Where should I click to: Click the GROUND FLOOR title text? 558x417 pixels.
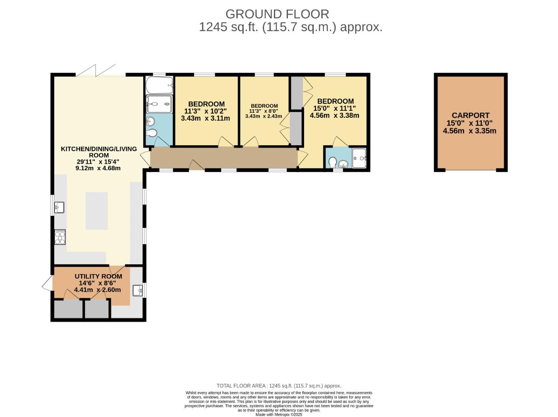tap(277, 14)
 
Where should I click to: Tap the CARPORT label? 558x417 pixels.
tap(470, 115)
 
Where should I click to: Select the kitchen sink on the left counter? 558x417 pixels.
tap(59, 207)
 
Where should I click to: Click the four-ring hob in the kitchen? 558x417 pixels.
tap(60, 237)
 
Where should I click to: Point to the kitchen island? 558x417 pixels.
tap(96, 211)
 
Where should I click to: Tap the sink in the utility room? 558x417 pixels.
tap(137, 290)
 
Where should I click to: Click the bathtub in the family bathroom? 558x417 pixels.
tap(159, 85)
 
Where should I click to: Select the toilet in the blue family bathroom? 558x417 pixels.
tap(152, 134)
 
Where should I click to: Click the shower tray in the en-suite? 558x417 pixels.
tap(359, 158)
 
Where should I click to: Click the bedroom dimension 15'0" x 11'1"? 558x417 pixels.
tap(334, 108)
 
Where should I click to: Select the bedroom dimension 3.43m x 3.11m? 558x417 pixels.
tap(205, 118)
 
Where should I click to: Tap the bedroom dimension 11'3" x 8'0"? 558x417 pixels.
tap(264, 111)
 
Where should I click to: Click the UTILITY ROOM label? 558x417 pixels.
tap(98, 276)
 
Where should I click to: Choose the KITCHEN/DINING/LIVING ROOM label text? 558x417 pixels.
tap(99, 152)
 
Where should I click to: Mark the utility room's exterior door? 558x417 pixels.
tap(47, 285)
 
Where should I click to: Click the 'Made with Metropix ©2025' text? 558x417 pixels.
tap(279, 414)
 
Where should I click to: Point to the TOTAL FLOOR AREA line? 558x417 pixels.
tap(279, 386)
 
